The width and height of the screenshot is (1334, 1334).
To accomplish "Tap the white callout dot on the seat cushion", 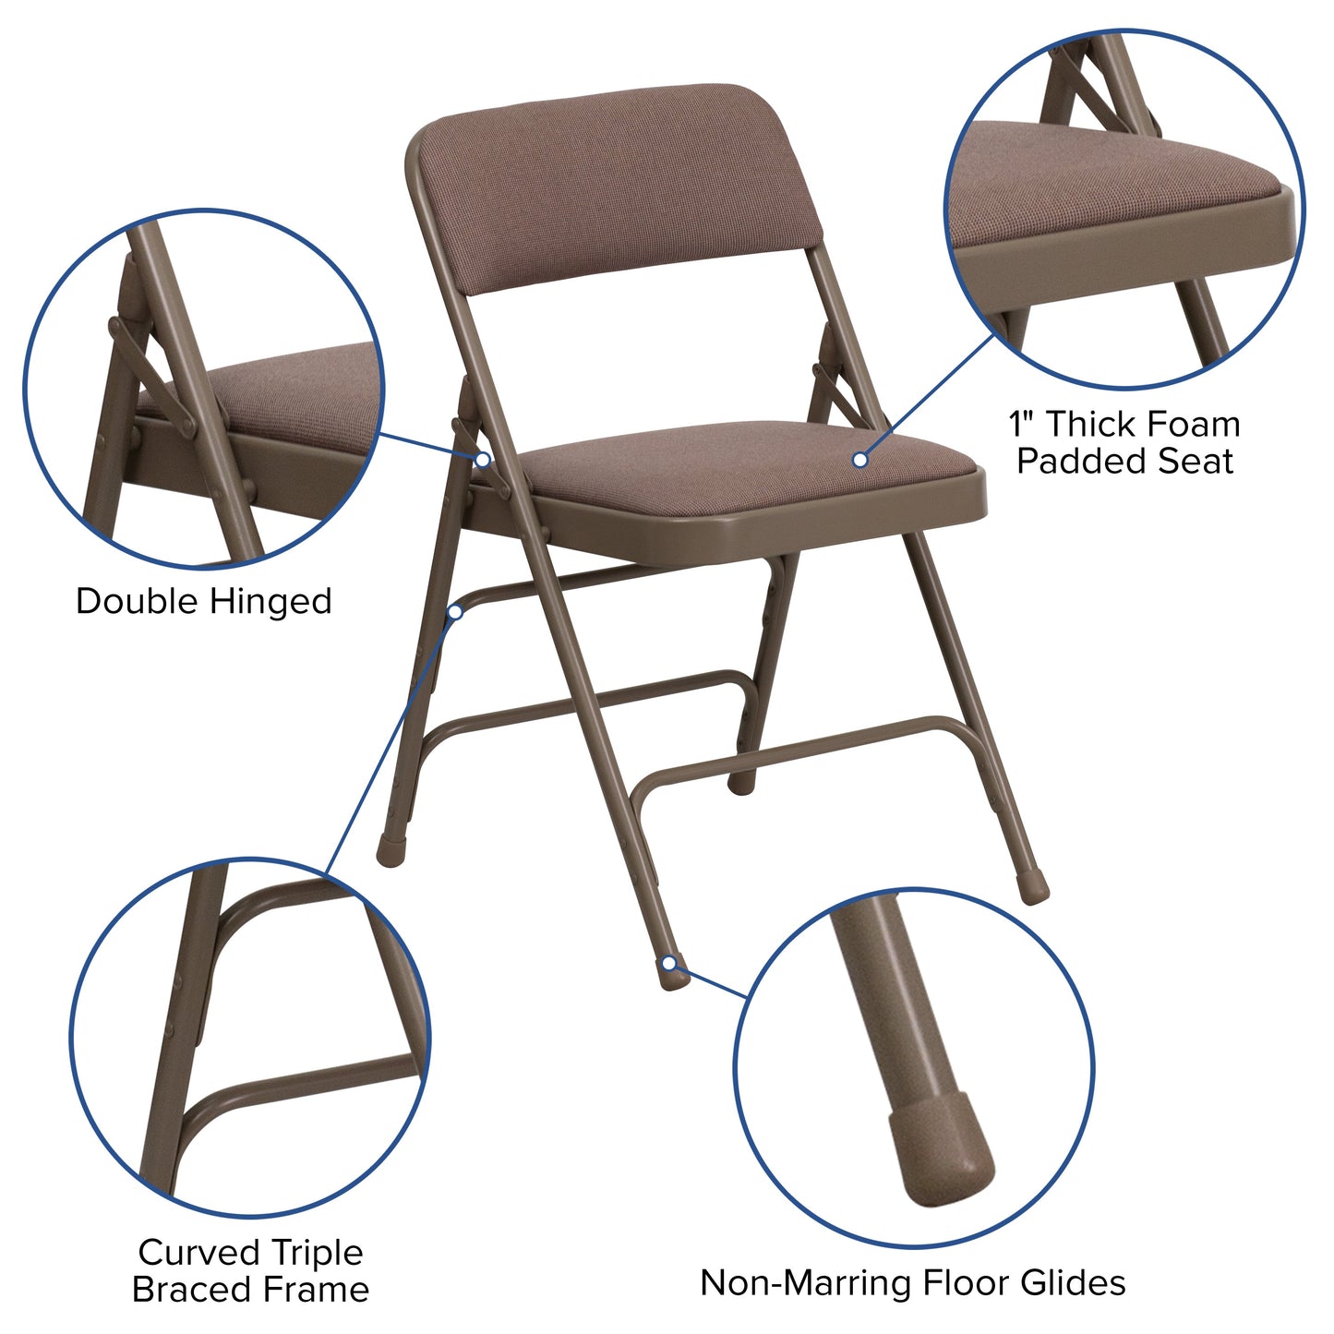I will (859, 459).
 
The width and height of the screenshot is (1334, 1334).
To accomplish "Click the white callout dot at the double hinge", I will (483, 459).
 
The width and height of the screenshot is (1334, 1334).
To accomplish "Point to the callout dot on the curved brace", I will (455, 611).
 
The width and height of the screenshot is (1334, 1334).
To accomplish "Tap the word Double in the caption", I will (137, 602).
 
